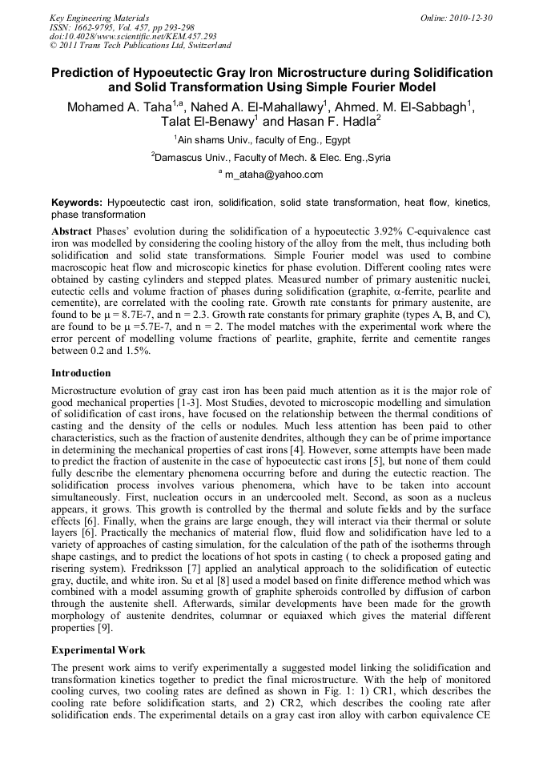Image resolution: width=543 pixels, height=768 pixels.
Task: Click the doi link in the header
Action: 133,37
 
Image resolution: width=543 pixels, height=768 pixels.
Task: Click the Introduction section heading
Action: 81,373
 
